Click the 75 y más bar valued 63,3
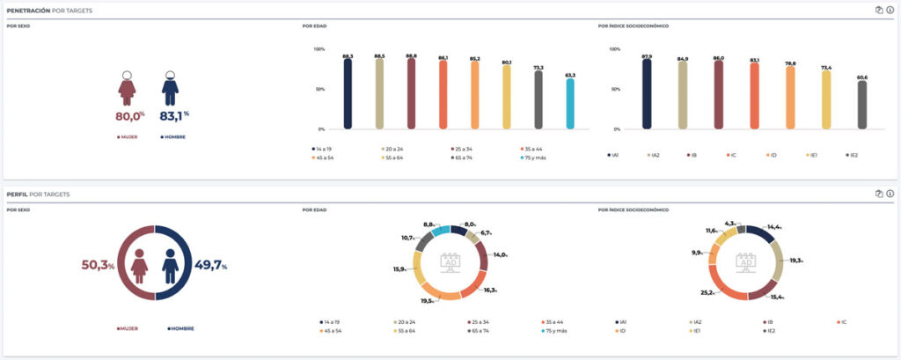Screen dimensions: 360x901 tap(569, 104)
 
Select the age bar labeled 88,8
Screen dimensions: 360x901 tap(411, 93)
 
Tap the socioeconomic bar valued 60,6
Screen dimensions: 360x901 tap(861, 105)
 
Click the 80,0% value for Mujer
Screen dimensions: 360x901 tap(129, 115)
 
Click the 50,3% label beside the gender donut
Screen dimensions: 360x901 tap(99, 266)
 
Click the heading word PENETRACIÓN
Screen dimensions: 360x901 tap(28, 10)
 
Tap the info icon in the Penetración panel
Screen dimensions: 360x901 tap(890, 10)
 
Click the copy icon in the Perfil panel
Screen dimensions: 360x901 tap(878, 194)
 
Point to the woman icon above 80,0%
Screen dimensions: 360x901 tap(128, 88)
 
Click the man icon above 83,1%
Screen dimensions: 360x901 tap(170, 88)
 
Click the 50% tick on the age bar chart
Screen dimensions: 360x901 tap(319, 89)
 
